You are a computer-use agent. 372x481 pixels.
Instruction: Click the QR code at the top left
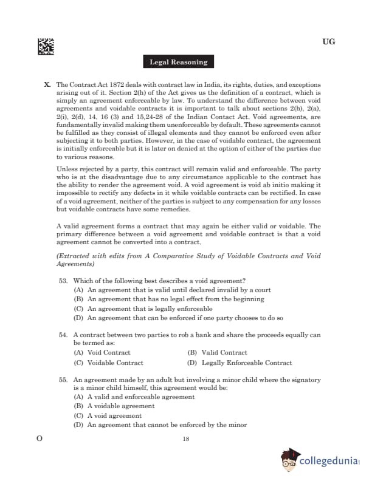[x=46, y=47]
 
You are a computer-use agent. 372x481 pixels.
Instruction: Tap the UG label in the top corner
[x=329, y=42]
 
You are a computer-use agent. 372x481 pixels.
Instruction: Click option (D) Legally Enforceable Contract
[x=239, y=363]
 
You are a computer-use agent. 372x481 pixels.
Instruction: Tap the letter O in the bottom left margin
[x=40, y=439]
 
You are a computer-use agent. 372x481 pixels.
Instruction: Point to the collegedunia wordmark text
[x=328, y=462]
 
